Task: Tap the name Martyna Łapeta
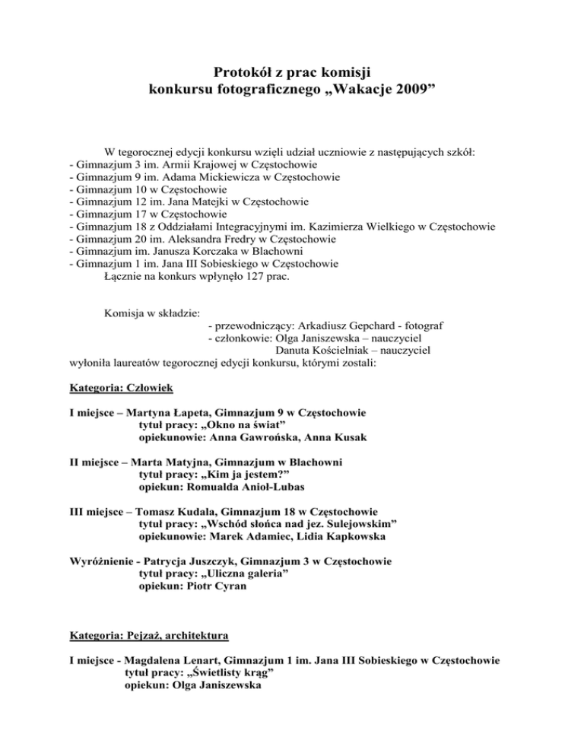click(x=173, y=413)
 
